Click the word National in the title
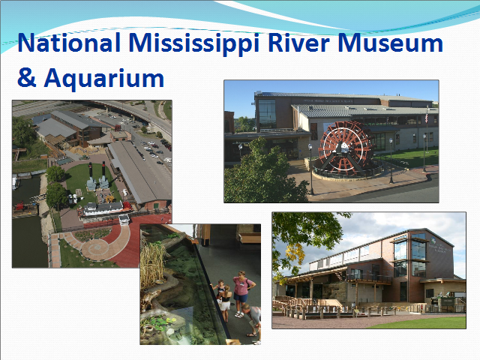tap(69, 43)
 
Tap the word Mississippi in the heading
tap(194, 43)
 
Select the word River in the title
tap(298, 43)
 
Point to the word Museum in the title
tap(390, 43)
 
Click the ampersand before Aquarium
tap(27, 78)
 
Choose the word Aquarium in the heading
tap(104, 79)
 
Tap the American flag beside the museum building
tap(427, 118)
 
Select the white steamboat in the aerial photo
tap(105, 210)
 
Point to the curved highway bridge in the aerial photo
tap(138, 112)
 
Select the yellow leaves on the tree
tap(295, 256)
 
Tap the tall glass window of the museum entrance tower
tap(267, 114)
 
